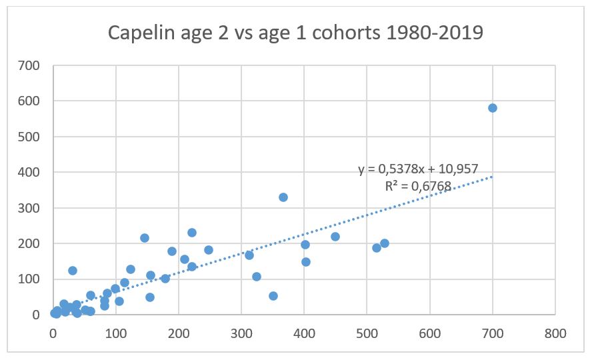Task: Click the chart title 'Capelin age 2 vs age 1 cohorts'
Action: pyautogui.click(x=296, y=33)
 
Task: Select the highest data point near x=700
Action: pyautogui.click(x=493, y=108)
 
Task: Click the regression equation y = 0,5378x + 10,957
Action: pyautogui.click(x=418, y=169)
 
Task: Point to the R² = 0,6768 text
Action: pyautogui.click(x=418, y=186)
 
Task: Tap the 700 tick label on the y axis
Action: pyautogui.click(x=29, y=65)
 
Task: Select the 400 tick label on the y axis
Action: pyautogui.click(x=29, y=172)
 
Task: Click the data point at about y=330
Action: pyautogui.click(x=283, y=197)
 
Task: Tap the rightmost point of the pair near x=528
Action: pyautogui.click(x=385, y=243)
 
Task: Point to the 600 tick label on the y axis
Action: pyautogui.click(x=29, y=101)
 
